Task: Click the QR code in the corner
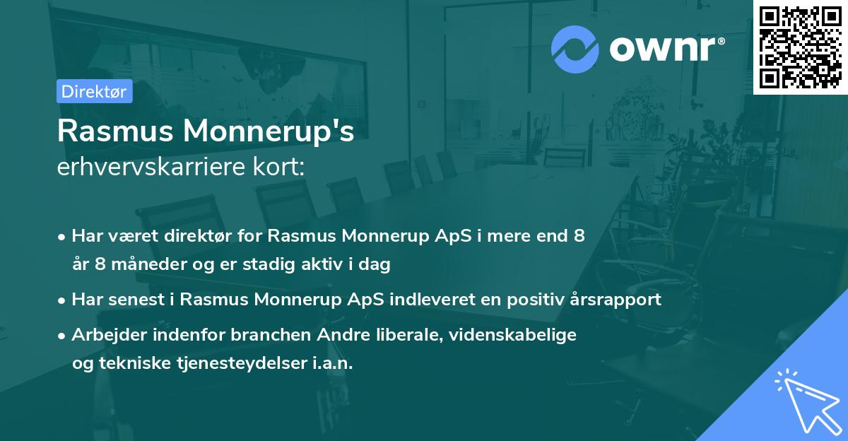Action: coord(801,47)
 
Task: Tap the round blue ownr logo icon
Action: coord(575,49)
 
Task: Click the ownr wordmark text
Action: coord(666,49)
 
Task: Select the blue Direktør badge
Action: coord(94,91)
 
